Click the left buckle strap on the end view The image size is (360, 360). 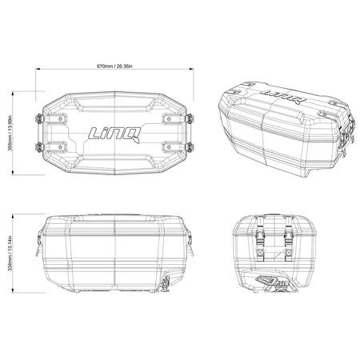click(x=262, y=238)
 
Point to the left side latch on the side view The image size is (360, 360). click(x=38, y=240)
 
